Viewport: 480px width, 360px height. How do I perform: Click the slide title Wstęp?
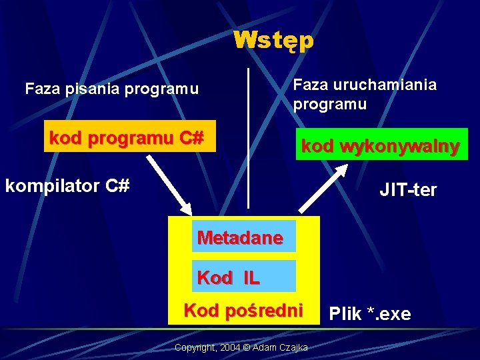(x=273, y=41)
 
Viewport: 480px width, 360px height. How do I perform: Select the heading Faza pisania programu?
(x=111, y=89)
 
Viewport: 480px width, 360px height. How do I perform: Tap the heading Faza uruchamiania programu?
(x=365, y=95)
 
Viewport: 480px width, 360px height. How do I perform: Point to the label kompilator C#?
(x=67, y=185)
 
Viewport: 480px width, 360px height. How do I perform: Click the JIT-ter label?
(x=408, y=190)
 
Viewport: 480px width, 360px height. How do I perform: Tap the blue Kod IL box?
(x=243, y=277)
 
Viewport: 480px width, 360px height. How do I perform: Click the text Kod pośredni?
(x=243, y=310)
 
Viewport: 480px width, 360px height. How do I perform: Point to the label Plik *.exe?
(x=370, y=314)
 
